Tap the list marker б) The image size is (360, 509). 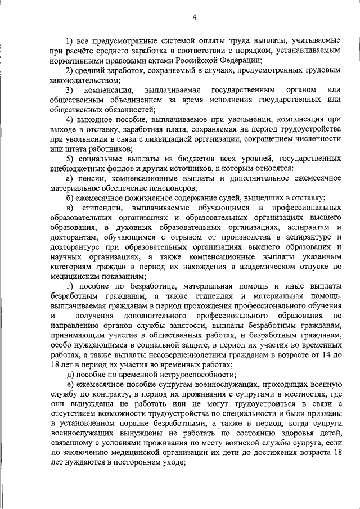click(69, 198)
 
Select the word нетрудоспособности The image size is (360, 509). click(188, 375)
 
